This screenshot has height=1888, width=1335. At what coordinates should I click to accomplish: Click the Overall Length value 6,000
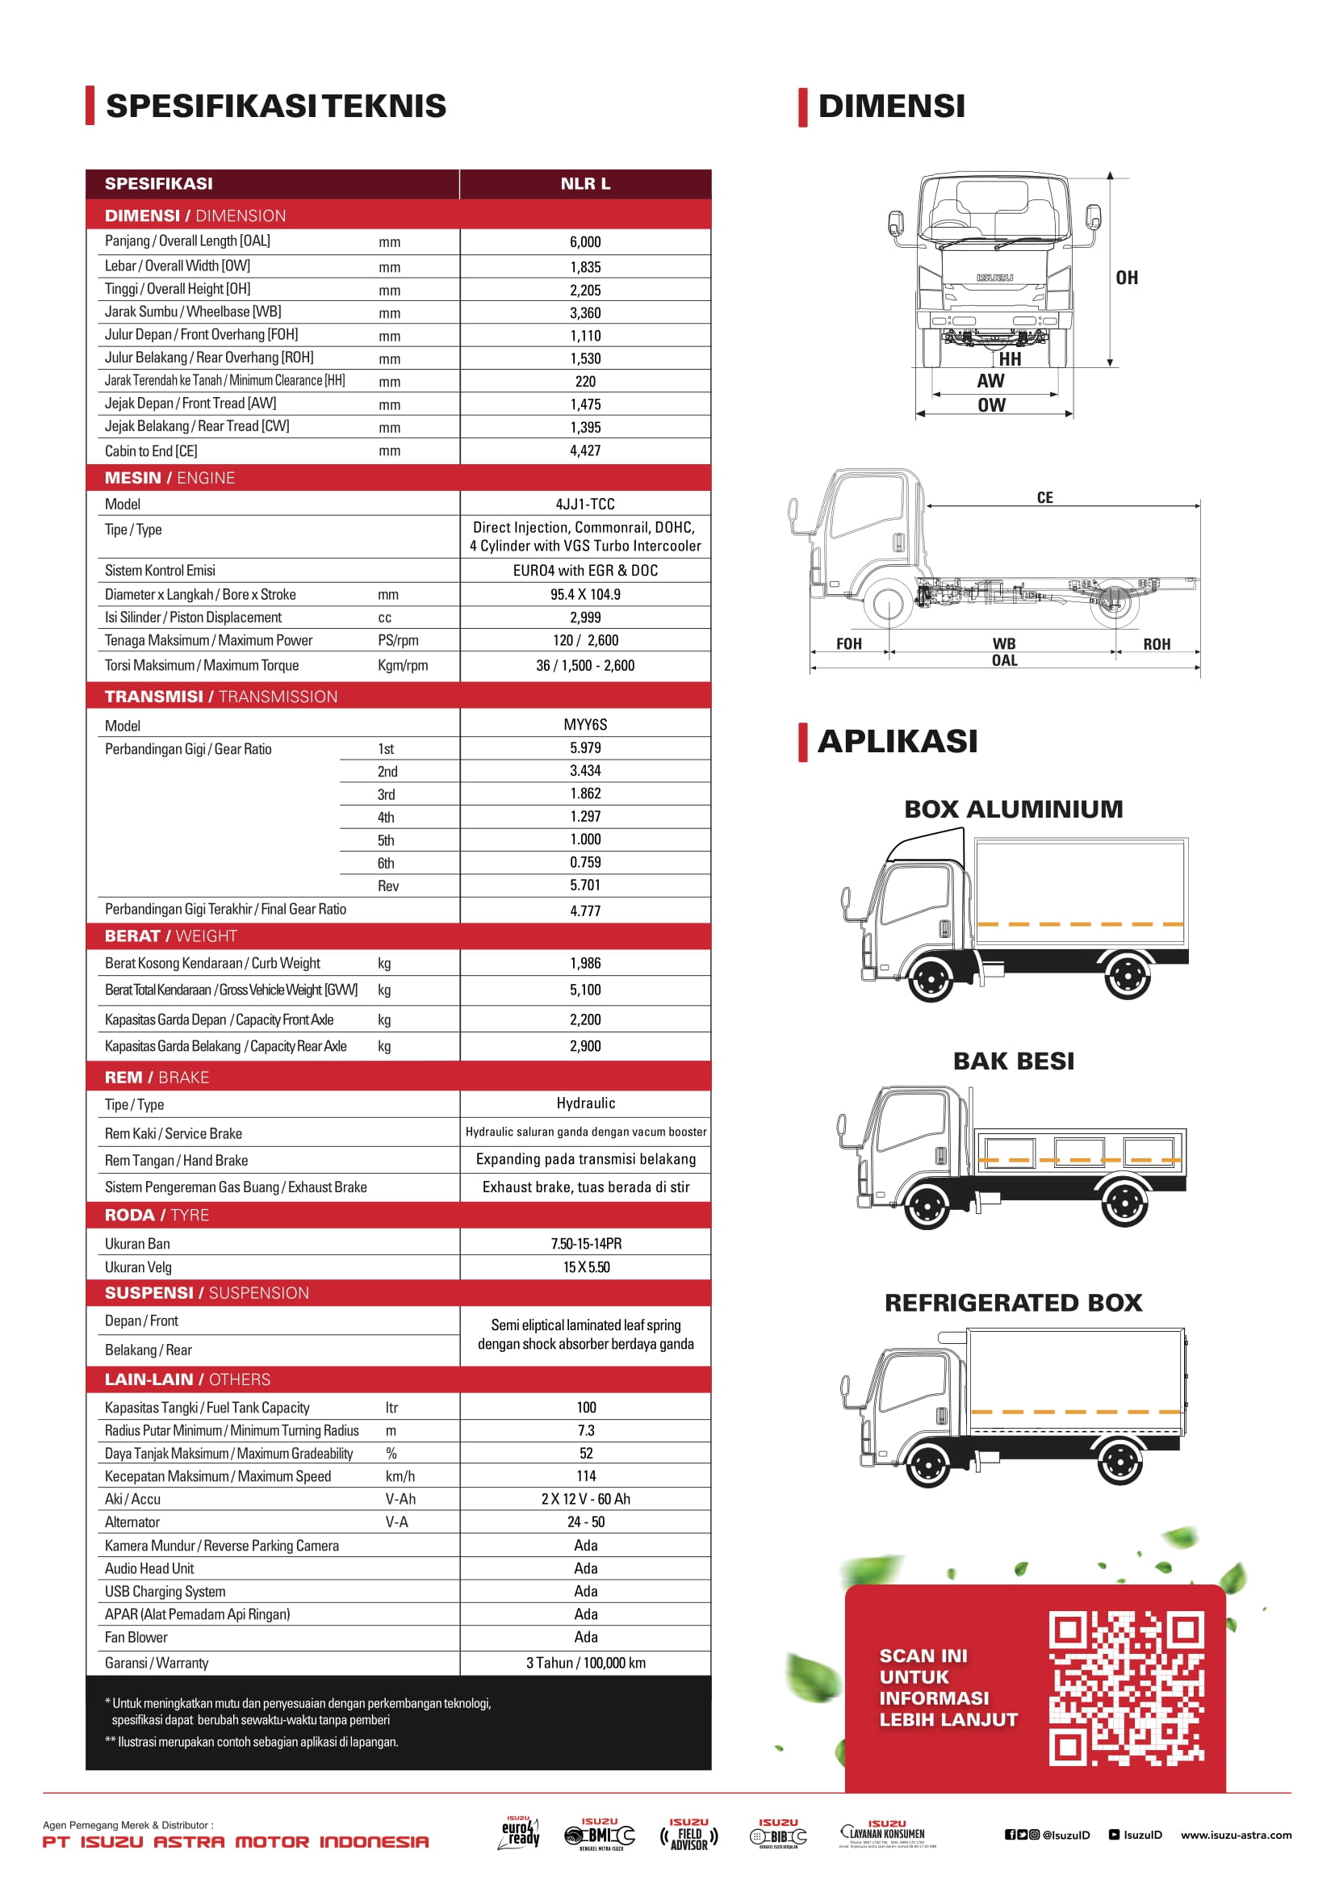tap(585, 242)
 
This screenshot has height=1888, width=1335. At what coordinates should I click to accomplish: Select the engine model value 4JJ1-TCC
tap(585, 504)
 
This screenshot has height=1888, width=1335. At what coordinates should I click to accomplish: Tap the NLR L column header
tap(585, 184)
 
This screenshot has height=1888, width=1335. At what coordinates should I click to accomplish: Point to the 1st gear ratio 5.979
tap(585, 748)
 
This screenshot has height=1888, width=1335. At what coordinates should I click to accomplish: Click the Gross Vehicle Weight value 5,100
tap(585, 990)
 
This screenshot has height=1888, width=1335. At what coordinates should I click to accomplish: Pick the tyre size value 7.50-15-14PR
tap(586, 1243)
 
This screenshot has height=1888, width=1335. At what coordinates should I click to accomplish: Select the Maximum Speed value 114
tap(586, 1476)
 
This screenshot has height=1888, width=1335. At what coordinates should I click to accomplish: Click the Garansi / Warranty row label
tap(157, 1663)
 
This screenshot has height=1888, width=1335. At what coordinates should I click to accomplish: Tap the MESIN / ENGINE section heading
tap(170, 478)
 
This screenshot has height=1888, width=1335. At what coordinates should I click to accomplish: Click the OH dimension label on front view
tap(1127, 278)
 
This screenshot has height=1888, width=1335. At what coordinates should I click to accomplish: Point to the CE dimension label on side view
tap(1044, 497)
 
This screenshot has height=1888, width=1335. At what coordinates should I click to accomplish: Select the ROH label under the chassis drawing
tap(1157, 644)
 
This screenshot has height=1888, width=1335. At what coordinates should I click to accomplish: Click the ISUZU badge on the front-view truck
tap(994, 278)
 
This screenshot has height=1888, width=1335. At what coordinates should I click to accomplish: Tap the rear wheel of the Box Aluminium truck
tap(1127, 977)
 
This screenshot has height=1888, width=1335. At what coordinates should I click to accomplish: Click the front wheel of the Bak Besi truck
tap(927, 1205)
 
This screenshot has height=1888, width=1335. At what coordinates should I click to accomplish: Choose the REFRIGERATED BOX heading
tap(1014, 1303)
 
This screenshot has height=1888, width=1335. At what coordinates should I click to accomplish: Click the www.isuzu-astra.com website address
tap(1236, 1835)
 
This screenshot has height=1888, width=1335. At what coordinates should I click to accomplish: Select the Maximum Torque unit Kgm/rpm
tap(403, 665)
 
